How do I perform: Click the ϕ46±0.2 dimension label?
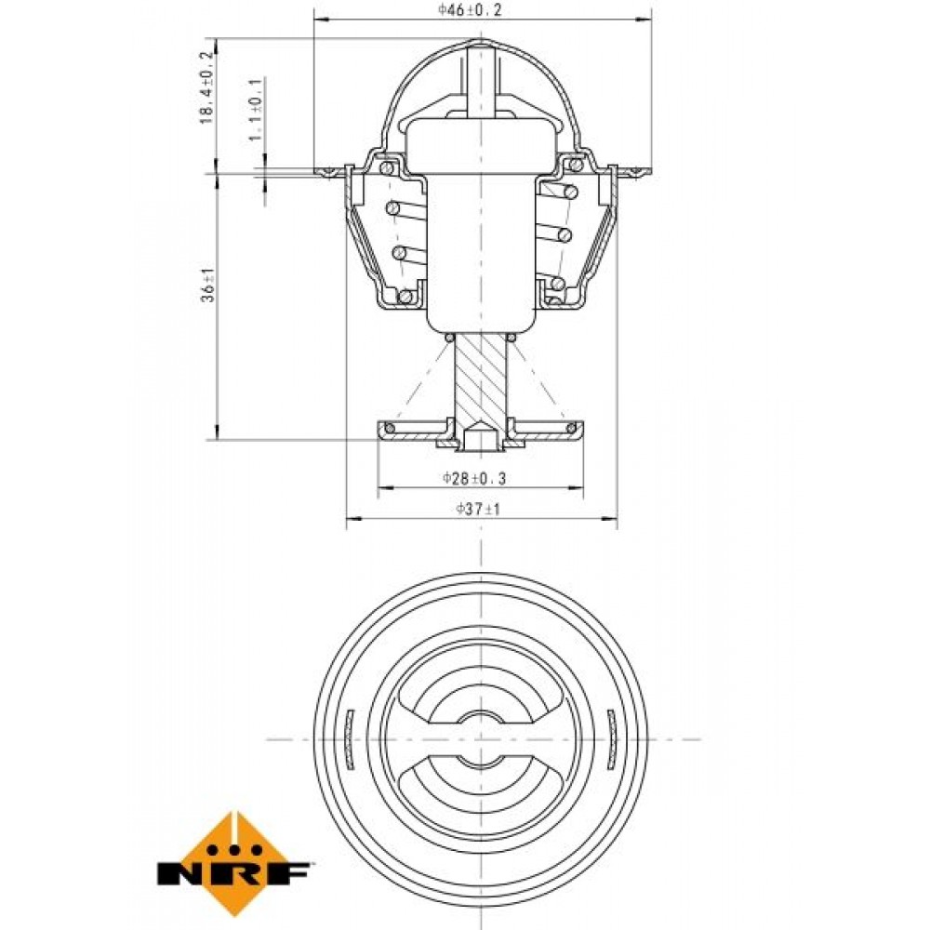[x=471, y=9]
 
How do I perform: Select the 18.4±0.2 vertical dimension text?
[x=206, y=87]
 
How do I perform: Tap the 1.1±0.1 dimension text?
[x=255, y=110]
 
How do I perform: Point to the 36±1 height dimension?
[x=208, y=286]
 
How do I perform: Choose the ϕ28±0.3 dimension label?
[x=474, y=478]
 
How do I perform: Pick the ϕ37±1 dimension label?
[x=479, y=509]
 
